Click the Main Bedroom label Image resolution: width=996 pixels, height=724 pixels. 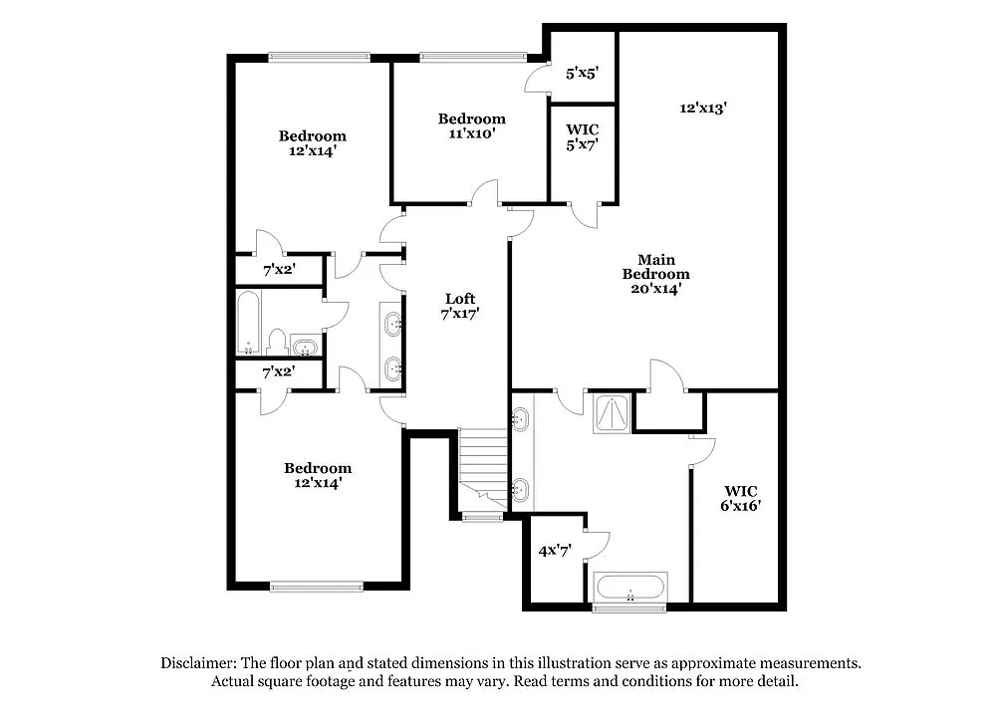coord(655,274)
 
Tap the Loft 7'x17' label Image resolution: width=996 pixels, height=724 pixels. coord(459,306)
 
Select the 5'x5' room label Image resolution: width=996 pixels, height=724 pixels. coord(582,73)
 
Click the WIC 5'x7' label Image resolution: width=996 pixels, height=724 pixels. coord(582,137)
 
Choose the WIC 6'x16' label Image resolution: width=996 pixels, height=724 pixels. coord(741,498)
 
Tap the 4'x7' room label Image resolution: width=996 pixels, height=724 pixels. coord(554,550)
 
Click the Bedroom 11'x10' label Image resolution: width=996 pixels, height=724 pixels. coord(471,125)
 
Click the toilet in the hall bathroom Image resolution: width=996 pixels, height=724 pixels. coord(277,340)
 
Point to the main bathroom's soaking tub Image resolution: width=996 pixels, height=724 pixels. coord(629,588)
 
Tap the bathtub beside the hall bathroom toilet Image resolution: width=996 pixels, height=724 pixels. coord(248,322)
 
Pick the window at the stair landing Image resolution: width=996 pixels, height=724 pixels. coord(482,516)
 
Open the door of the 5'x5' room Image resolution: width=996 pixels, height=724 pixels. coord(541,79)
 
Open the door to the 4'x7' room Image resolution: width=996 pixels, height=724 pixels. coord(595,543)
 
